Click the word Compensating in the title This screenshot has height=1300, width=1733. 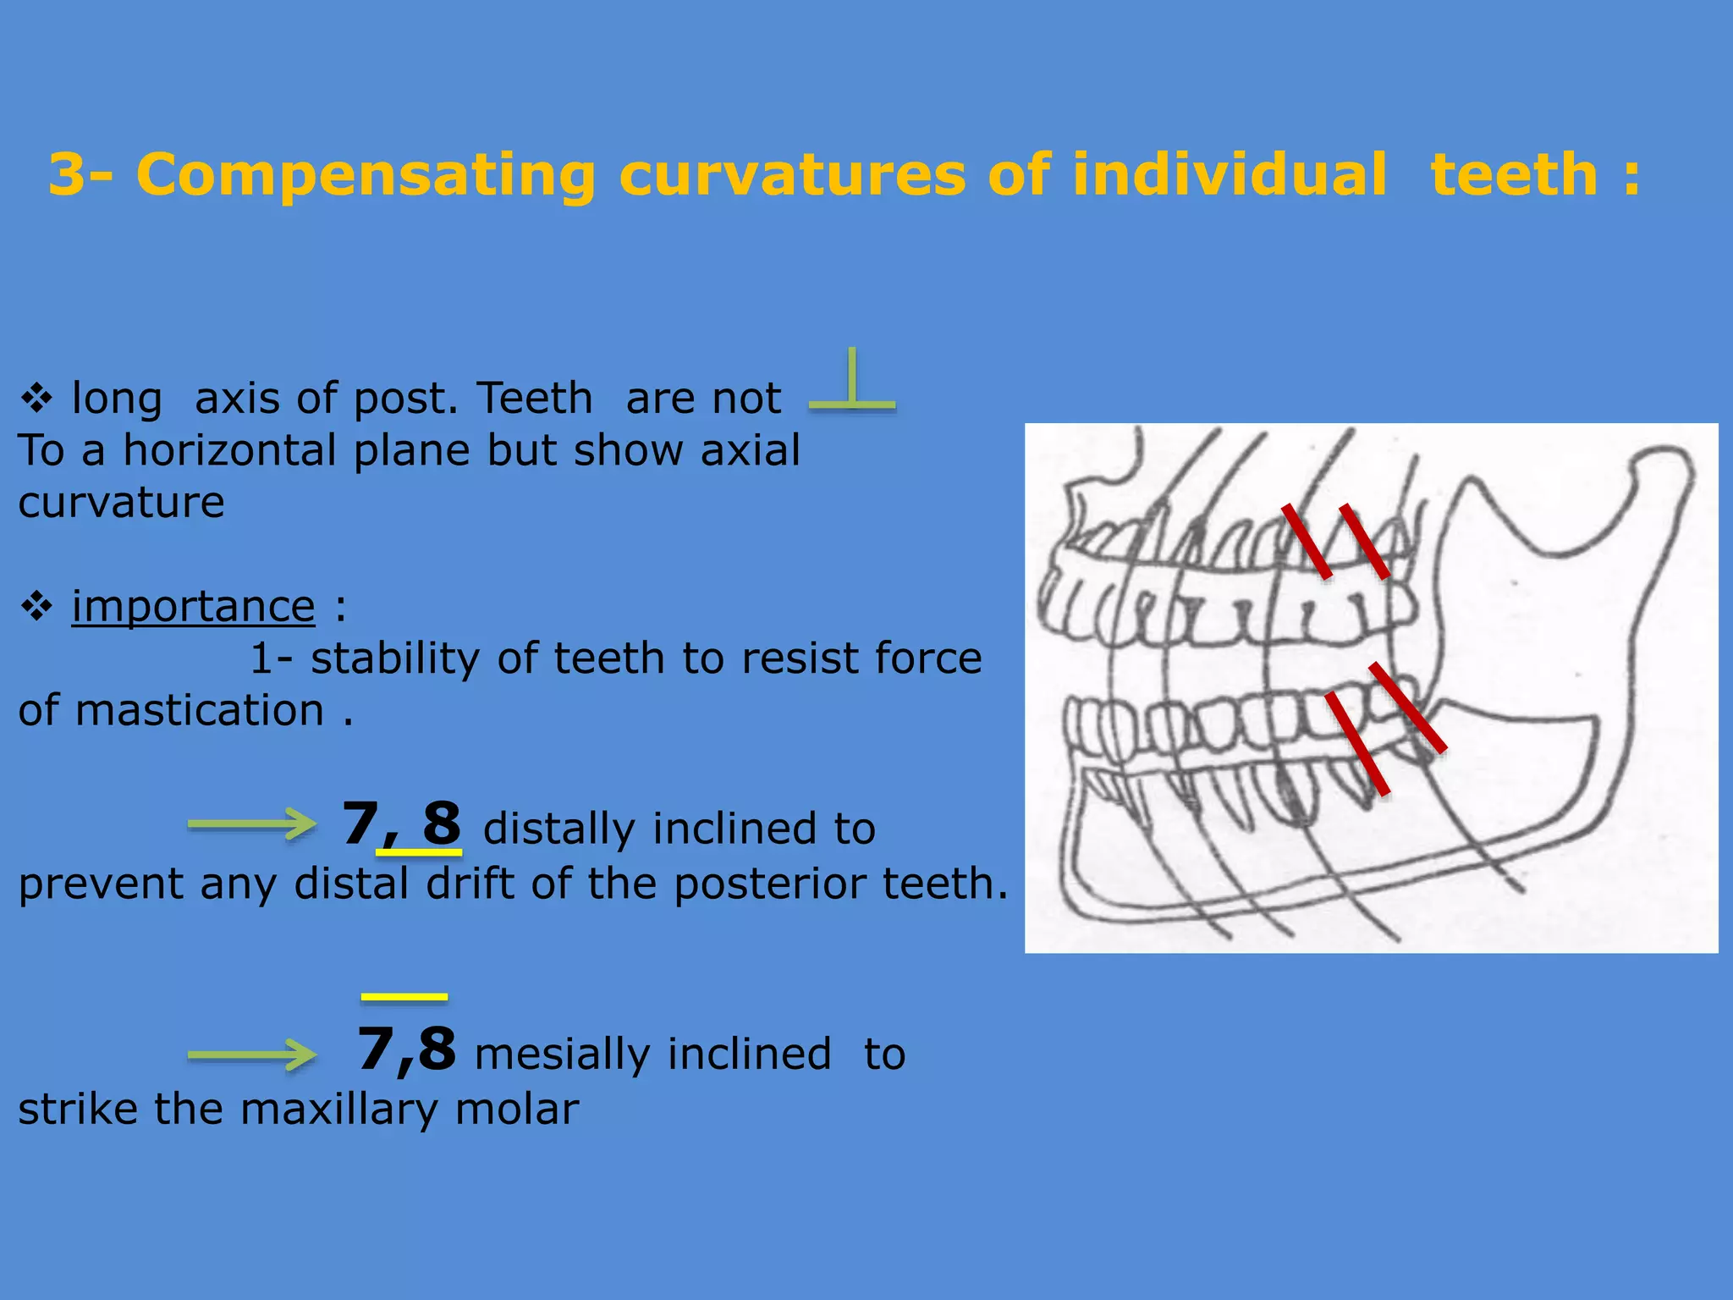pos(365,175)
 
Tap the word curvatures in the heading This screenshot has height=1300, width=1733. pos(792,175)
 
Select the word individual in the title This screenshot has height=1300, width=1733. pos(1230,175)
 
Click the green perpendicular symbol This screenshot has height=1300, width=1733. pos(852,385)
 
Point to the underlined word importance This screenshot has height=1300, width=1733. pos(193,606)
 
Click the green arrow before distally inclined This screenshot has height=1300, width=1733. pos(251,824)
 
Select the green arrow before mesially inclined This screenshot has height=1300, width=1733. pos(251,1055)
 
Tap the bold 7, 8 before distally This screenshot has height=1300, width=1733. pos(401,824)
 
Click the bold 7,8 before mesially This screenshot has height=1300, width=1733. pos(406,1049)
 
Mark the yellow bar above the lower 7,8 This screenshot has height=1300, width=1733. pos(404,997)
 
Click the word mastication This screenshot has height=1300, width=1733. pos(200,710)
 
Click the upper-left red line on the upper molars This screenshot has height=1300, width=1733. pos(1307,542)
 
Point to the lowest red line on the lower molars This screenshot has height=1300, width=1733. pos(1356,743)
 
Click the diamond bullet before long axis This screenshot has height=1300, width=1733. pos(36,398)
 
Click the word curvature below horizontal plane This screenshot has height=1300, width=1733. pos(121,503)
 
